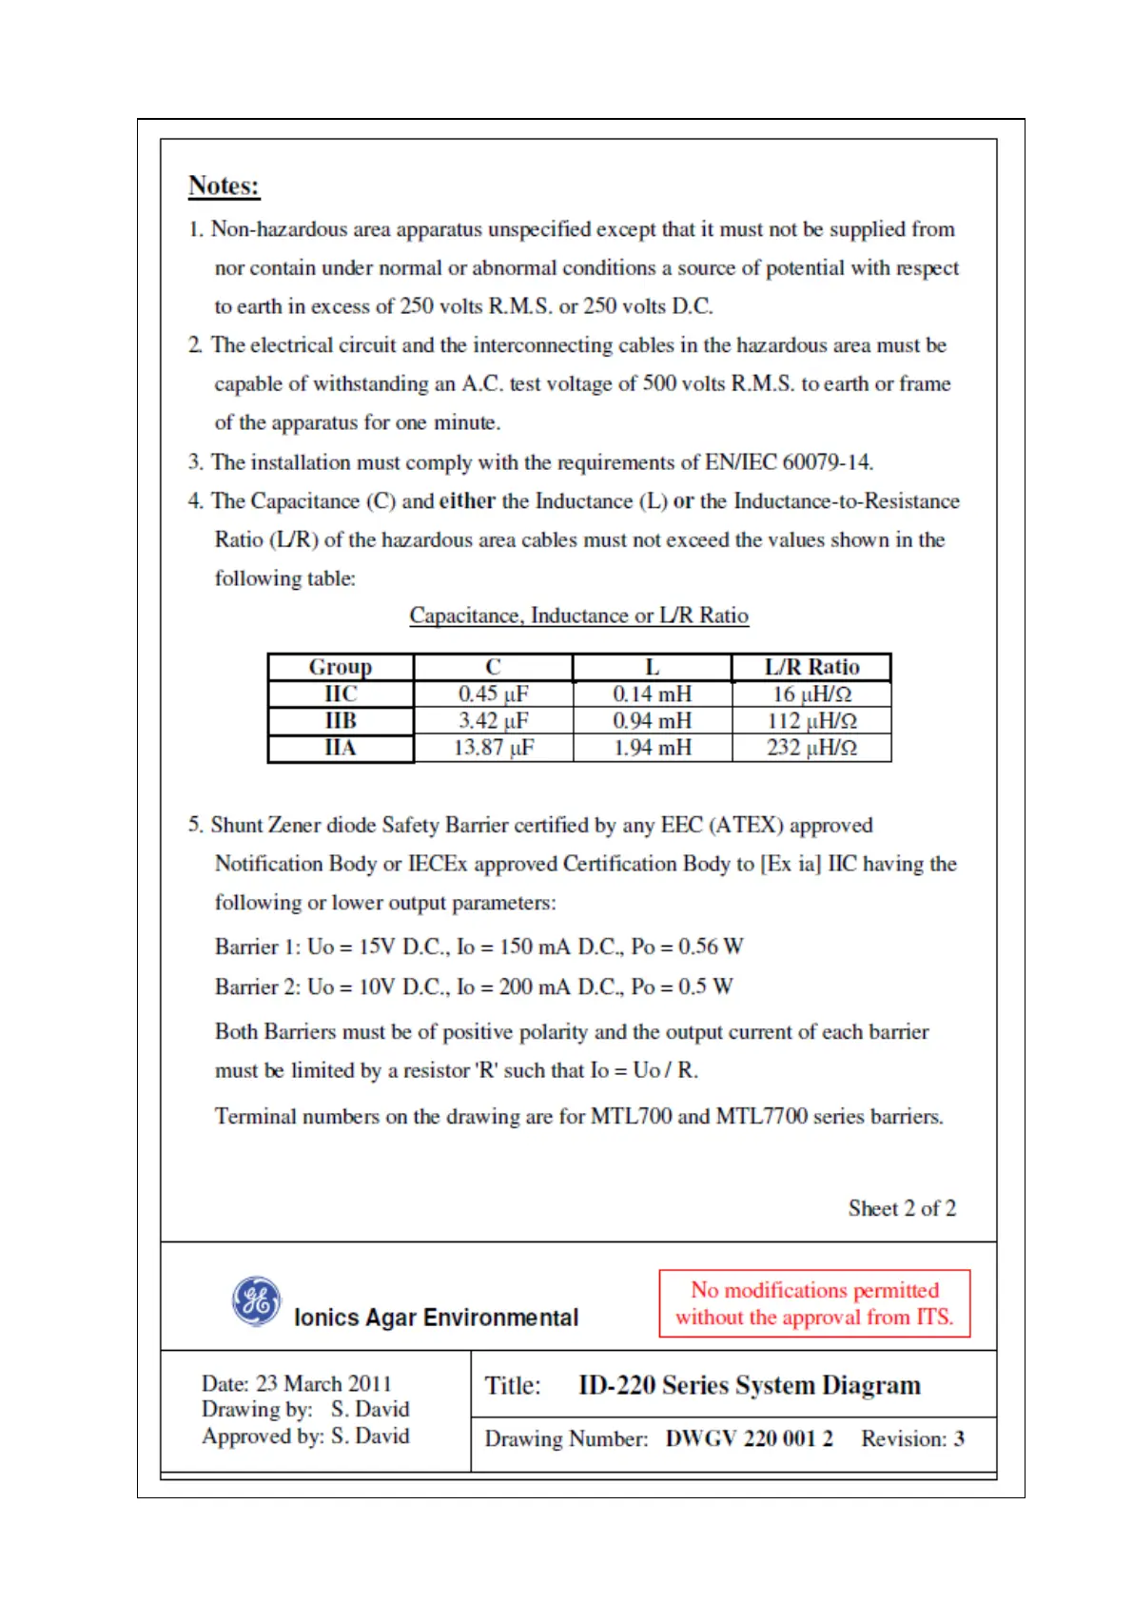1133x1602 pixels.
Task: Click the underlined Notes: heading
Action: (x=224, y=186)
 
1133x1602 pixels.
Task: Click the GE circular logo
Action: (x=257, y=1300)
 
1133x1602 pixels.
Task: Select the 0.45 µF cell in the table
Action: (x=493, y=694)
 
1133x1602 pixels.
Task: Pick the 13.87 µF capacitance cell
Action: (x=493, y=748)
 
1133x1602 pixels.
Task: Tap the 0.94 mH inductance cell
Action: (x=652, y=721)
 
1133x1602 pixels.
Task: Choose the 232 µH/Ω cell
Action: (x=811, y=748)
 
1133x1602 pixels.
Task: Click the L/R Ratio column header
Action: (x=811, y=667)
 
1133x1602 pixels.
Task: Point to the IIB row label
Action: (x=341, y=721)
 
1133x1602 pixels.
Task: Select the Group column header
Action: (x=341, y=667)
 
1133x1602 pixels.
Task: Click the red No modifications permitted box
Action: (x=814, y=1303)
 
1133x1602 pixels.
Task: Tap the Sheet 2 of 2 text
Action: (x=902, y=1208)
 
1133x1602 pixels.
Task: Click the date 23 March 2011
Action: (x=323, y=1383)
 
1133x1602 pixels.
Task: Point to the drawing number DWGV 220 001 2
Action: (x=749, y=1438)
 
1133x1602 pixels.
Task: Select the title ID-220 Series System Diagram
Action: (x=749, y=1385)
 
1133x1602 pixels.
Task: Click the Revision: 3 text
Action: (x=912, y=1438)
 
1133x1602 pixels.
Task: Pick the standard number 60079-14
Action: (x=826, y=462)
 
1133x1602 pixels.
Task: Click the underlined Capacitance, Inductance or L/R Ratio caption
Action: (x=578, y=615)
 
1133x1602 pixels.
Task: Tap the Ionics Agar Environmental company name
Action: (x=436, y=1318)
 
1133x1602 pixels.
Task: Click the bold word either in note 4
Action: (x=467, y=501)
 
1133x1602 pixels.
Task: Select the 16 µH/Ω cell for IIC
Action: (x=811, y=694)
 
